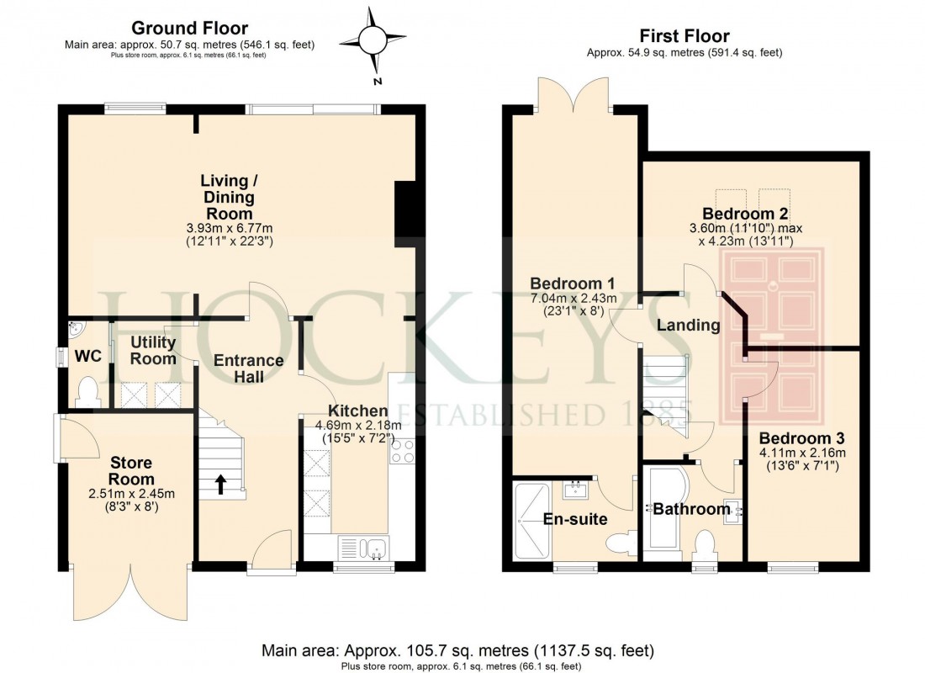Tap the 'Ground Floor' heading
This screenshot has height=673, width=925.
pos(189,29)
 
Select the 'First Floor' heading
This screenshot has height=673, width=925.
pos(684,35)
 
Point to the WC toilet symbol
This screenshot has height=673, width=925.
pos(87,391)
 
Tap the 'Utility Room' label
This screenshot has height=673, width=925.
pos(152,350)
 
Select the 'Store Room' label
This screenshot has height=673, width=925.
pos(131,470)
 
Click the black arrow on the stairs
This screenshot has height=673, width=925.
pos(221,483)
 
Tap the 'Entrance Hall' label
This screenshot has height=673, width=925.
pos(248,368)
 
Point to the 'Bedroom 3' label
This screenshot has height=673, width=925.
pos(801,438)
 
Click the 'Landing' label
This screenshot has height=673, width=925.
pos(688,325)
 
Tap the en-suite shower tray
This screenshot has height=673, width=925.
pos(530,520)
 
